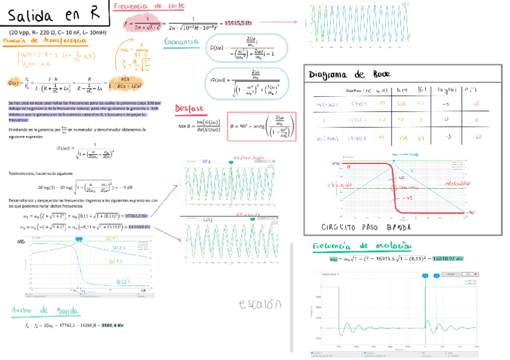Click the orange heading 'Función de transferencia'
(45, 40)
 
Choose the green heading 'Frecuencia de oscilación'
(362, 246)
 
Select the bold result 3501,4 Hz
(112, 325)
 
